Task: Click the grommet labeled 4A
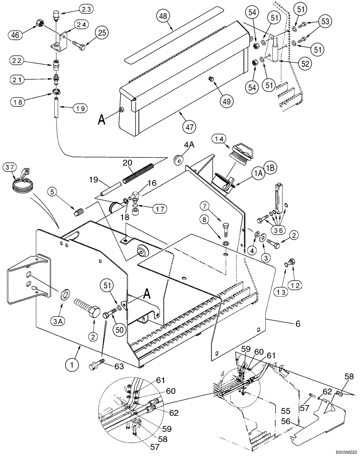[177, 159]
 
